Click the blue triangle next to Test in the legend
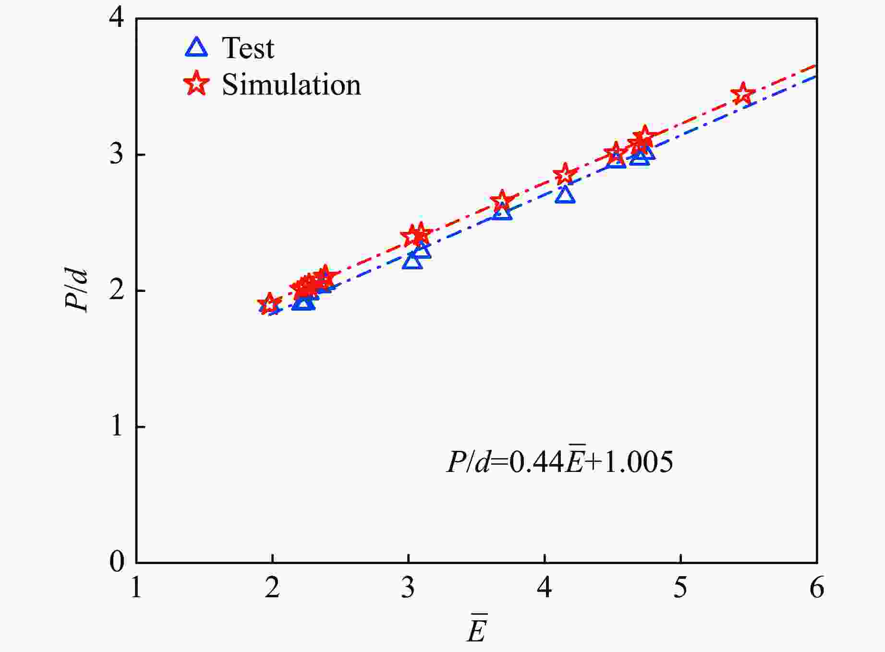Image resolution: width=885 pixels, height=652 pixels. point(196,48)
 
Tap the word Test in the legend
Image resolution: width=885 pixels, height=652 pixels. point(248,48)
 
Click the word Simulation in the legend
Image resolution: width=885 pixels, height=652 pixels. point(291,85)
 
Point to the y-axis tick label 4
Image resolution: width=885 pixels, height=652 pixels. point(117,18)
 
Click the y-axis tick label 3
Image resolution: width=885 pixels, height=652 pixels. point(117,155)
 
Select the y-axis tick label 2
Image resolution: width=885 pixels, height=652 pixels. point(117,290)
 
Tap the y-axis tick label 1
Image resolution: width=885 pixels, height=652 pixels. point(117,426)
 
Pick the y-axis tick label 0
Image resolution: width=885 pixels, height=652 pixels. point(117,561)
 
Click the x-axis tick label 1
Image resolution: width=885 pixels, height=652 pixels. point(136,587)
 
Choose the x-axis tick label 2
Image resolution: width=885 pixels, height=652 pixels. point(272,587)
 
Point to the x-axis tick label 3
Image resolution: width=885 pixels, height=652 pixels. point(408,587)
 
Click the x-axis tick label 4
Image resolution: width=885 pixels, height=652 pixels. point(545,587)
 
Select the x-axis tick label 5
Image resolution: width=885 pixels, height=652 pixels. point(680,587)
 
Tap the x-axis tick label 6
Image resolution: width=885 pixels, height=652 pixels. point(817,587)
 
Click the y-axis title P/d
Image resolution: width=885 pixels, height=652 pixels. point(77,290)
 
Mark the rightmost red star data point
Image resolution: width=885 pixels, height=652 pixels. point(743,94)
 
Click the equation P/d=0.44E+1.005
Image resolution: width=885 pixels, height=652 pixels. point(559,462)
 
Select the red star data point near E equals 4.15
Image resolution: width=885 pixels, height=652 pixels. point(565,174)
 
